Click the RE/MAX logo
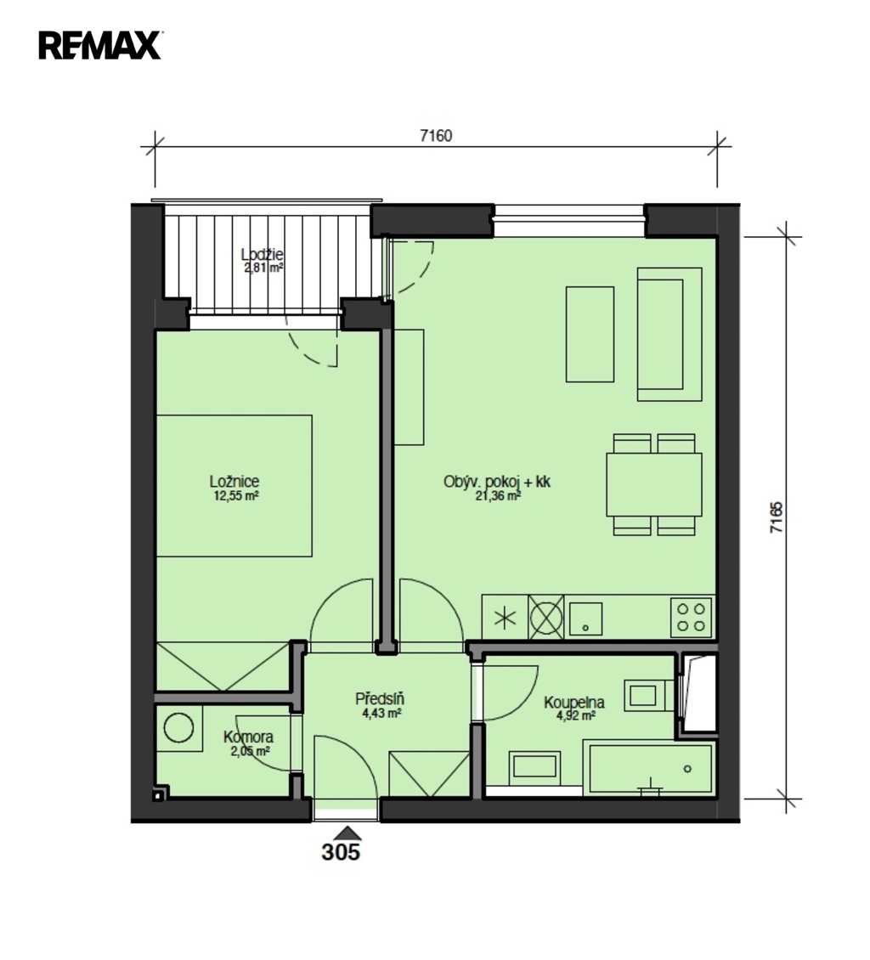click(x=99, y=45)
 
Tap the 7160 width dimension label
click(x=435, y=135)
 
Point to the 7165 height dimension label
click(x=776, y=517)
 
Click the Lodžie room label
click(x=262, y=254)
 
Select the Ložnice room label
click(x=234, y=482)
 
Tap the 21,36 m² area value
click(x=499, y=496)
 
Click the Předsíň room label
click(x=381, y=698)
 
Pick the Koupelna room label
click(x=574, y=703)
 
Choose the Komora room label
click(x=249, y=737)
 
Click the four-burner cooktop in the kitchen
click(x=692, y=617)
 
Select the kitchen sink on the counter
click(x=586, y=618)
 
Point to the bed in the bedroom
click(x=234, y=485)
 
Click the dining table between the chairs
click(x=654, y=484)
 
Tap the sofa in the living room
click(x=669, y=334)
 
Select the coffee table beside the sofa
click(x=590, y=334)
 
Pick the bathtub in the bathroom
click(x=648, y=768)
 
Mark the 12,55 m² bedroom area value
click(x=235, y=496)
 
